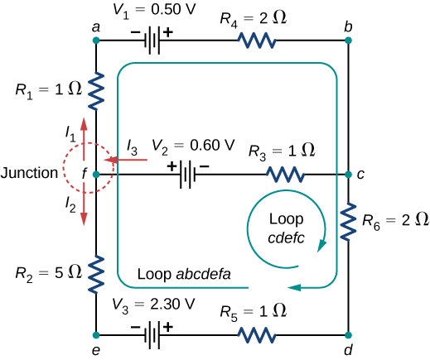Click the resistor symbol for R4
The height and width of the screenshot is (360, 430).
pos(260,41)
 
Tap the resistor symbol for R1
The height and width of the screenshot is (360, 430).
pos(97,89)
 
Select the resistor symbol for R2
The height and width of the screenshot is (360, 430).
pos(97,272)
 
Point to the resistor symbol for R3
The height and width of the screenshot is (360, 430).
pos(284,175)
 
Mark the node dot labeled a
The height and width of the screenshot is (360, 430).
pos(97,41)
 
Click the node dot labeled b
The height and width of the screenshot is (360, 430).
pos(349,41)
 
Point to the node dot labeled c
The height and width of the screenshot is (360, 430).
pos(349,175)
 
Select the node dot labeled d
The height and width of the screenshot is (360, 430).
pos(349,335)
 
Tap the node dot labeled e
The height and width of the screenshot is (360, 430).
pos(97,335)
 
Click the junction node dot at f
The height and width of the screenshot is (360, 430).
pos(97,175)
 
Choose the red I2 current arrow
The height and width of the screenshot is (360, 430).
pos(84,207)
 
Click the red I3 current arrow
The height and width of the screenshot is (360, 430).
pos(131,160)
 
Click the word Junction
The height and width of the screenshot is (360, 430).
pos(31,174)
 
